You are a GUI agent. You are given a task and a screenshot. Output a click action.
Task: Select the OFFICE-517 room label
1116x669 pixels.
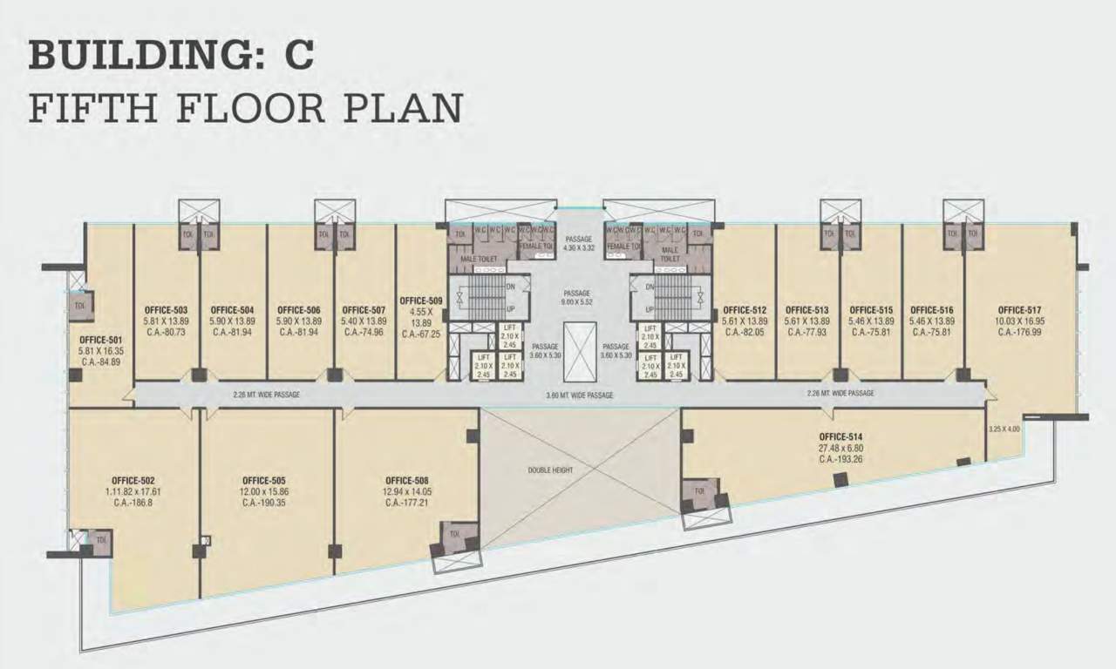click(x=1020, y=309)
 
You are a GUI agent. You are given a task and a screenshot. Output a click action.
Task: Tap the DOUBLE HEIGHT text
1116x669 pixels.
click(x=550, y=470)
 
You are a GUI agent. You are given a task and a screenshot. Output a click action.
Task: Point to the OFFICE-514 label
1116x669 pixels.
click(x=840, y=436)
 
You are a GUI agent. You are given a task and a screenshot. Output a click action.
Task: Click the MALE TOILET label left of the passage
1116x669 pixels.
click(x=477, y=258)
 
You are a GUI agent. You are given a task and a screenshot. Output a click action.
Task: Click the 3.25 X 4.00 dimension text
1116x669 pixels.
click(x=1004, y=429)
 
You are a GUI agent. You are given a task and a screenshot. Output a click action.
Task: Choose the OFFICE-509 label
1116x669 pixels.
click(x=421, y=301)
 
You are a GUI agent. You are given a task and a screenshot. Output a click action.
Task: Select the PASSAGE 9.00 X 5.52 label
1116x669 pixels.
click(x=577, y=297)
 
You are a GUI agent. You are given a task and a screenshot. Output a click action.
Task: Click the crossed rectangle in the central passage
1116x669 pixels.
click(x=580, y=352)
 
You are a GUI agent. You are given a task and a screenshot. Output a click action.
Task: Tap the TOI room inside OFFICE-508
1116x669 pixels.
click(x=453, y=536)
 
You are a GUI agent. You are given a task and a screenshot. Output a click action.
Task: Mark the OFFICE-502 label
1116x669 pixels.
click(x=133, y=480)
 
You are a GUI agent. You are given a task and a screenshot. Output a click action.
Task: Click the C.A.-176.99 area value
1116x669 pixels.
click(x=1020, y=331)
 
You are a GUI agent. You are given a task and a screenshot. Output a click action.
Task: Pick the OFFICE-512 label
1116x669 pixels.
click(x=745, y=309)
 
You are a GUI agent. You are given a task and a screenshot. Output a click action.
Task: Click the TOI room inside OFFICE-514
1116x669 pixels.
click(x=699, y=491)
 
